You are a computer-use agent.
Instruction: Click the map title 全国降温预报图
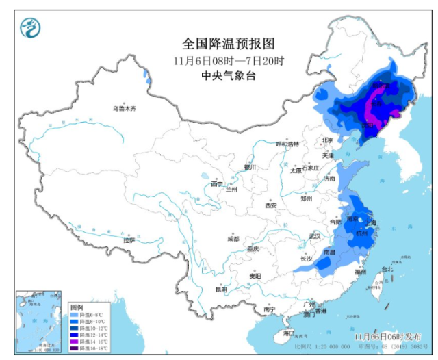(229, 44)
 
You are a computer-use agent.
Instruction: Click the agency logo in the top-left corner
(29, 28)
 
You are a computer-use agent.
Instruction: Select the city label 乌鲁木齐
(125, 108)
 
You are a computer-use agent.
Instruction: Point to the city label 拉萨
(129, 240)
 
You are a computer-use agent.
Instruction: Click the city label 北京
(327, 140)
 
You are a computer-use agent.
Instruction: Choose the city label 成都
(233, 239)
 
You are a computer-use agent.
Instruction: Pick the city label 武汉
(315, 235)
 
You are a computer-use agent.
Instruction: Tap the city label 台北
(387, 269)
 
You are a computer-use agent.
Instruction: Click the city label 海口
(289, 333)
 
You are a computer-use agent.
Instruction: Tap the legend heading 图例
(76, 307)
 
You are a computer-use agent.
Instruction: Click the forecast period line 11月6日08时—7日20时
(229, 61)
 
